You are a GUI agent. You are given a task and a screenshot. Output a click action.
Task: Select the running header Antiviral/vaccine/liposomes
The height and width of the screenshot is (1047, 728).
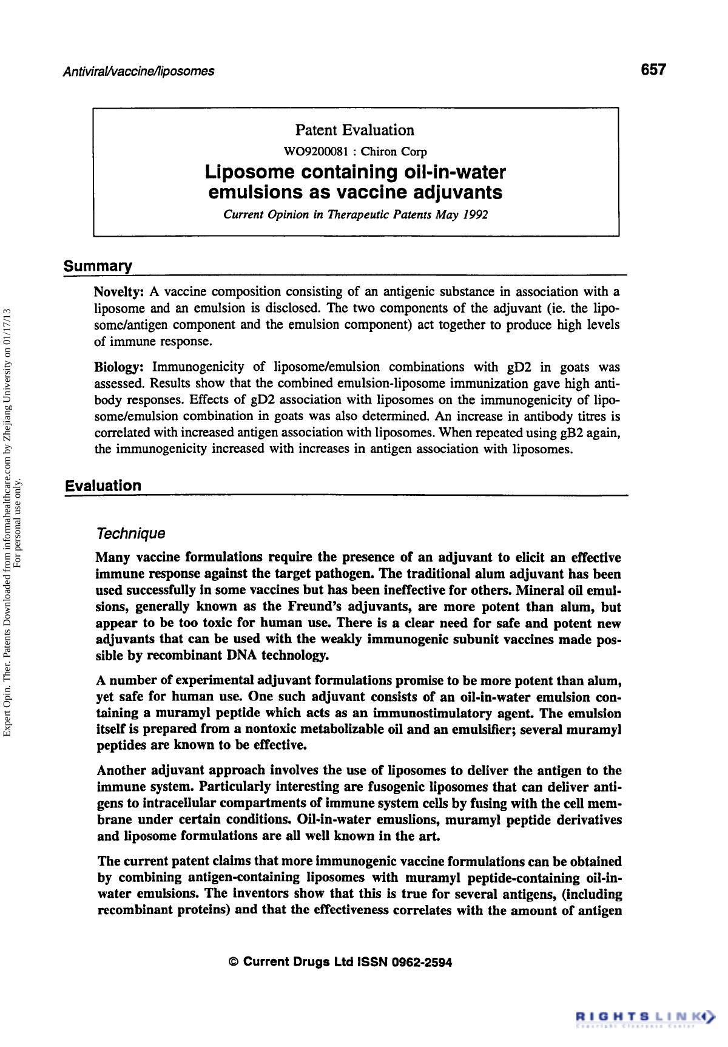pos(139,71)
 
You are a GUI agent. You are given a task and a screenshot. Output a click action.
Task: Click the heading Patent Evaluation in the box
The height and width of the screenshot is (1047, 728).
pos(355,130)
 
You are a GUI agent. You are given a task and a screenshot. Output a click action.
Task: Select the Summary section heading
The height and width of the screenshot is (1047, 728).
pos(98,266)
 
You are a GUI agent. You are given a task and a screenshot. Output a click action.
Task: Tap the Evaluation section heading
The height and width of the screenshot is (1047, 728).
pos(103,486)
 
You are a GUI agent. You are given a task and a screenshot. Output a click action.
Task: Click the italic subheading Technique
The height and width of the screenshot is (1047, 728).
pos(130,534)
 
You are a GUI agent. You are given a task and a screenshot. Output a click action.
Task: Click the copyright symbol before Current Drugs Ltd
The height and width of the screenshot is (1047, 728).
pos(233,962)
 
